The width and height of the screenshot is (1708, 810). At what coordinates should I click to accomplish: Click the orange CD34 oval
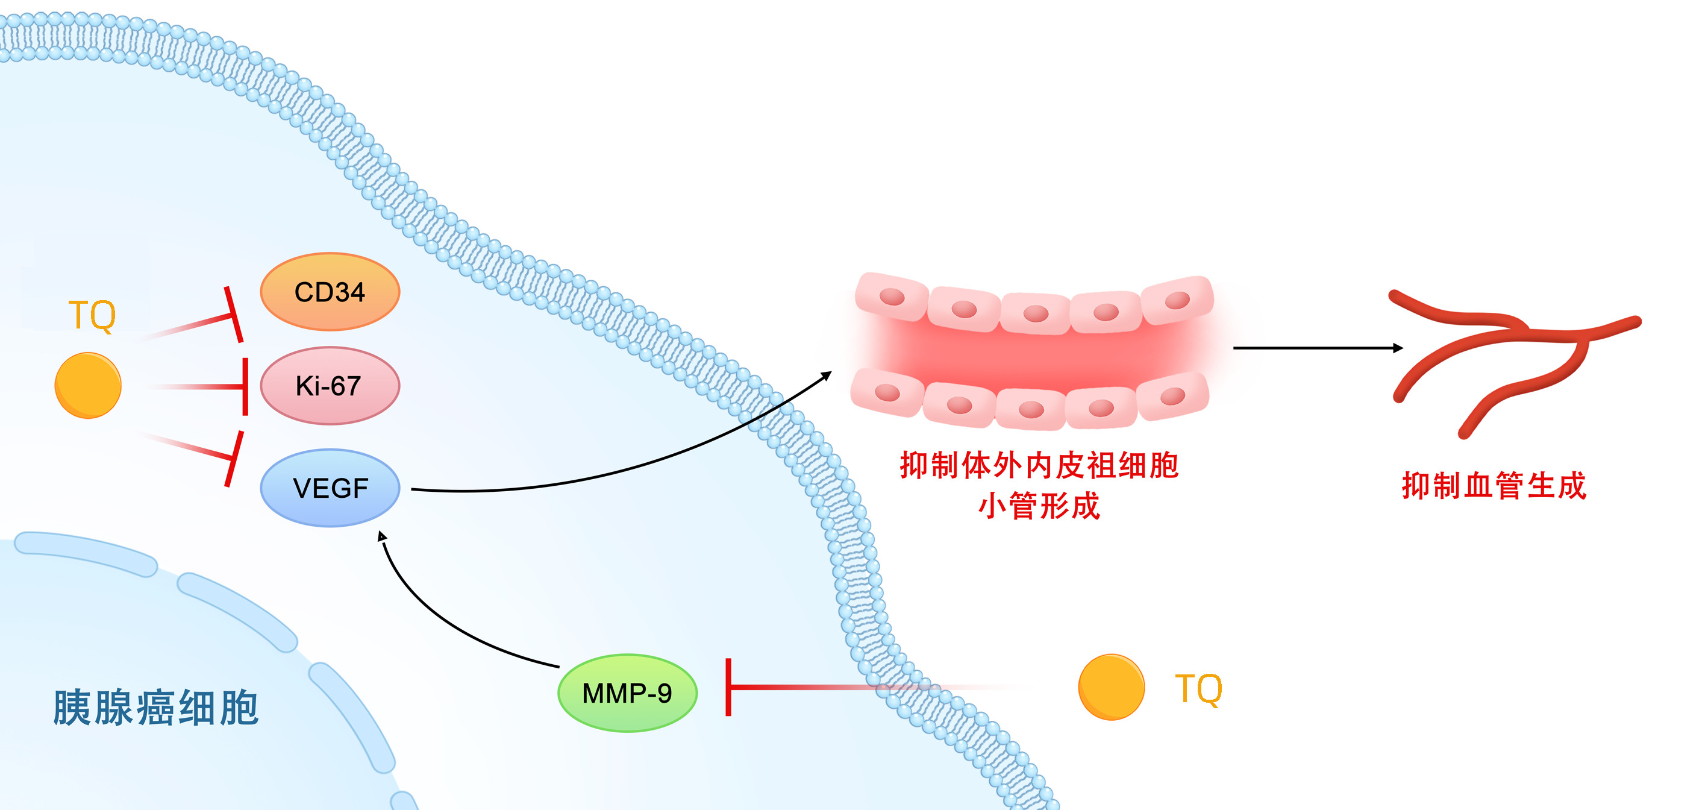tap(330, 291)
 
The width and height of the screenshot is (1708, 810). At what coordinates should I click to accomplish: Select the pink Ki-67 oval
tap(330, 386)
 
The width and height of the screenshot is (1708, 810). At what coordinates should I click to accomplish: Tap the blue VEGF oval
tap(330, 488)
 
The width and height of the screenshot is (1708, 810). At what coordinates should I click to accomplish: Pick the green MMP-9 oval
tap(627, 693)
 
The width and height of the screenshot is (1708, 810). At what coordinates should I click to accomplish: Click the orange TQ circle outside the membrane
tap(1112, 687)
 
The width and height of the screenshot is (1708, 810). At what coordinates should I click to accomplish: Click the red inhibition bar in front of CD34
tap(233, 315)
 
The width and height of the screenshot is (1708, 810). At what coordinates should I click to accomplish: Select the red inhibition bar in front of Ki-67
tap(245, 386)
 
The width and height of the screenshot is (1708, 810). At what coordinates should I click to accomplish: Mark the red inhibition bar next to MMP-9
tap(728, 687)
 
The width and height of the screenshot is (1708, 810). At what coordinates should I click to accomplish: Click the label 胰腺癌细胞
tap(155, 708)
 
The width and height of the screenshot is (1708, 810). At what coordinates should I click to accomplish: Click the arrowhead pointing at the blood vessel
tap(1397, 348)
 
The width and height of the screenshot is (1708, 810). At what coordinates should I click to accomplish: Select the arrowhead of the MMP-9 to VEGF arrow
tap(382, 535)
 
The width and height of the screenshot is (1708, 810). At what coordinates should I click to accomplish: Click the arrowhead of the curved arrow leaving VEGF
tap(826, 375)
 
